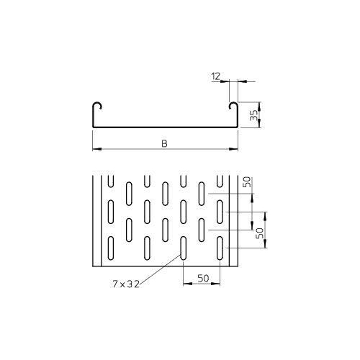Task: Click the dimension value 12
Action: pyautogui.click(x=217, y=74)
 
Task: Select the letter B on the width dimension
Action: pyautogui.click(x=165, y=144)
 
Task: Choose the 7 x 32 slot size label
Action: pyautogui.click(x=125, y=284)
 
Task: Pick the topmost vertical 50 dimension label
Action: pyautogui.click(x=248, y=185)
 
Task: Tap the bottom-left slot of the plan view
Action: pyautogui.click(x=110, y=248)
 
